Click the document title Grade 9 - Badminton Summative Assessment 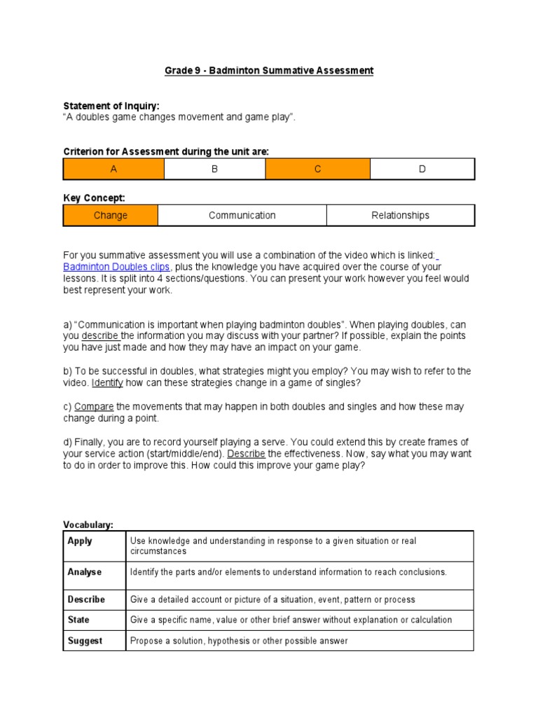tap(269, 71)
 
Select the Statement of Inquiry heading tap(111, 106)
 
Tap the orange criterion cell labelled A tap(113, 169)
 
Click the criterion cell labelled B tap(214, 169)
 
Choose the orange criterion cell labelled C tap(317, 169)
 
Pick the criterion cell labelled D tap(422, 169)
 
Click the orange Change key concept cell tap(111, 216)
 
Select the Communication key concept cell tap(242, 216)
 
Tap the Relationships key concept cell tap(400, 216)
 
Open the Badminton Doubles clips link tap(117, 267)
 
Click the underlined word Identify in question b tap(107, 383)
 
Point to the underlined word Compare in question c tap(94, 407)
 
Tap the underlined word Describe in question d tap(246, 454)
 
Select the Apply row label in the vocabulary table tap(80, 541)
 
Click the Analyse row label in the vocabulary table tap(85, 572)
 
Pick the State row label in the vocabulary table tap(78, 620)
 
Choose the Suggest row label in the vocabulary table tap(85, 641)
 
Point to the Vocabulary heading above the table tap(88, 524)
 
